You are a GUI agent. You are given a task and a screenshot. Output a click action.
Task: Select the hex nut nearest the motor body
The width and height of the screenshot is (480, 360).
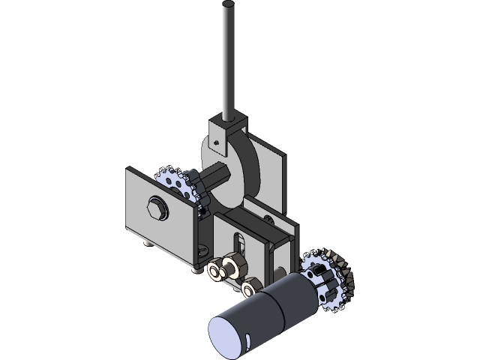[250, 286]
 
